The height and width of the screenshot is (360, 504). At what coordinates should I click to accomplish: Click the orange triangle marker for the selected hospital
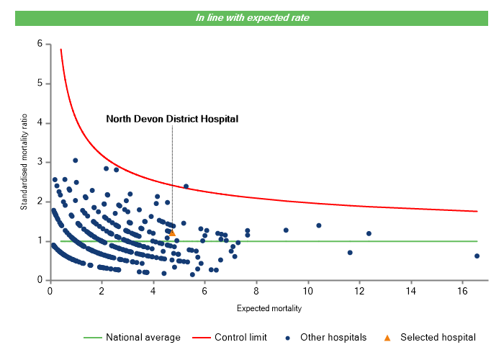[x=172, y=233]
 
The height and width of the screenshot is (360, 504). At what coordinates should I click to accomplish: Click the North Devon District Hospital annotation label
[x=172, y=119]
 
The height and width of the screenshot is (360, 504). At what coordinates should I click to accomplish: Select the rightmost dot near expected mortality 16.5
[x=477, y=256]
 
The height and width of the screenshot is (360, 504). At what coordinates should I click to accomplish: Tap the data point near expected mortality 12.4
[x=369, y=233]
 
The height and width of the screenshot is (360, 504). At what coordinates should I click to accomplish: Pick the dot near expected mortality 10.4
[x=318, y=225]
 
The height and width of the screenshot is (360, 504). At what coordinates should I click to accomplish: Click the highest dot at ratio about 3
[x=75, y=161]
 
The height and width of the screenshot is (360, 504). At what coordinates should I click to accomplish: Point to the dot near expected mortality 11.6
[x=350, y=253]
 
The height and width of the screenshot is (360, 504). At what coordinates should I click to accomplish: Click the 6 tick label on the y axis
[x=40, y=44]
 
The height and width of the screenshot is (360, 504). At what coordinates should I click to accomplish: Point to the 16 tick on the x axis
[x=462, y=291]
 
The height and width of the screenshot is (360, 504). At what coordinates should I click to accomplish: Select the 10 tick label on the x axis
[x=307, y=291]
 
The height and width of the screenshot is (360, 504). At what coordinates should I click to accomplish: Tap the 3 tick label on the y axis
[x=40, y=162]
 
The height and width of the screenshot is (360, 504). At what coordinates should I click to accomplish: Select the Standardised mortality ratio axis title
[x=24, y=161]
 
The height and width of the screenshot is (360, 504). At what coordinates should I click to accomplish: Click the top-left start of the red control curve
[x=60, y=50]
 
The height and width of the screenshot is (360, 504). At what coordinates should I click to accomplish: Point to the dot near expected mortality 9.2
[x=286, y=230]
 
